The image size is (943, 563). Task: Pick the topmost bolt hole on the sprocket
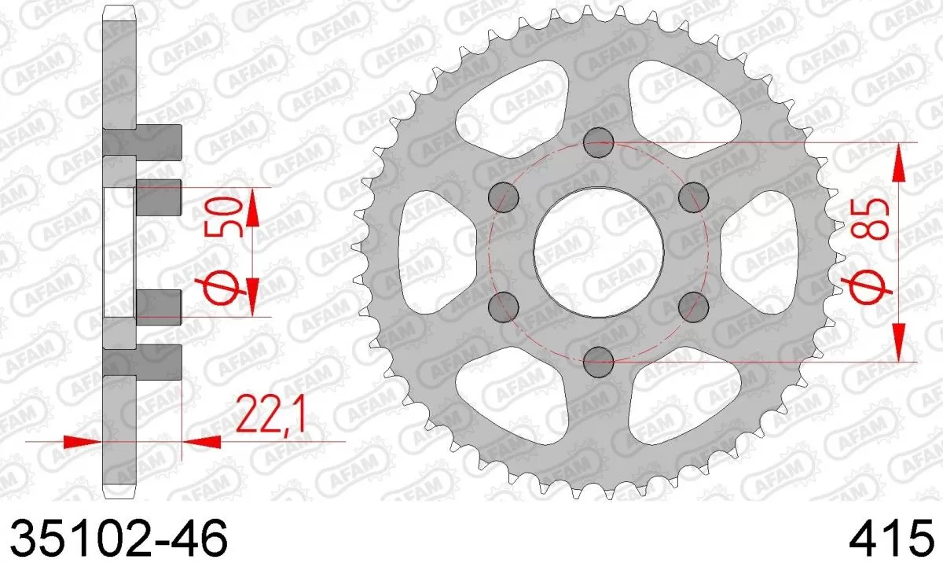coord(599,142)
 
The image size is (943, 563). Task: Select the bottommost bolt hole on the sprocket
coord(599,361)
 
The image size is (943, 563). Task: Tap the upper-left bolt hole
coord(503,197)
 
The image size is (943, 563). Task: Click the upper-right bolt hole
coord(694,197)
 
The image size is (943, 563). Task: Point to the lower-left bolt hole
coord(503,306)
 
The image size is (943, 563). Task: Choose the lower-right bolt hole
coord(694,306)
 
